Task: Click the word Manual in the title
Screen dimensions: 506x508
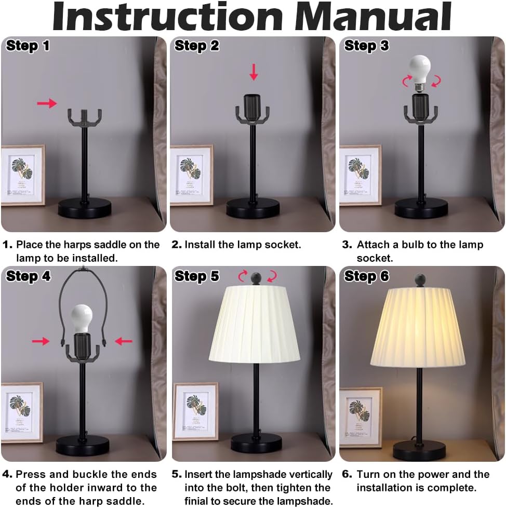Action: [373, 16]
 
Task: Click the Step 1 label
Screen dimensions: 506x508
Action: [28, 46]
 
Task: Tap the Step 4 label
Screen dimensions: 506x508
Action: [28, 276]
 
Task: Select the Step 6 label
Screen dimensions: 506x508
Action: [366, 276]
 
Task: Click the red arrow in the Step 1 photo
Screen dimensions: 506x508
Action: [47, 103]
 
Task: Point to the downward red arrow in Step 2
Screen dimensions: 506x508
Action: [254, 72]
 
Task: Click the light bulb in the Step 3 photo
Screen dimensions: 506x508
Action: [420, 74]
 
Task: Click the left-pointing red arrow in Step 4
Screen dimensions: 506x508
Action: [124, 341]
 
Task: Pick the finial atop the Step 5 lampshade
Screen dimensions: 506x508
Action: [256, 278]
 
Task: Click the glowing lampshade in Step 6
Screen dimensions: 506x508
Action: [418, 327]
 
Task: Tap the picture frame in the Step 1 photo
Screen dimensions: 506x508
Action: [23, 175]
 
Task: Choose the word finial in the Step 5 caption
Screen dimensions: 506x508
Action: [197, 501]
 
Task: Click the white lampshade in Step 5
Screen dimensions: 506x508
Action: [254, 325]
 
